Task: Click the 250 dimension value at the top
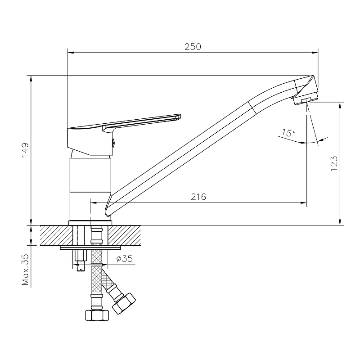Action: point(193,47)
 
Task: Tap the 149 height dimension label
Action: point(25,150)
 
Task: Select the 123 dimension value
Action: point(334,163)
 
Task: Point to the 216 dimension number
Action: point(198,197)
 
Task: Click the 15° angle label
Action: point(288,133)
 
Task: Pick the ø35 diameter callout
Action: point(125,259)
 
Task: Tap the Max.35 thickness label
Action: point(25,270)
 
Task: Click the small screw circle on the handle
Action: point(113,144)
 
